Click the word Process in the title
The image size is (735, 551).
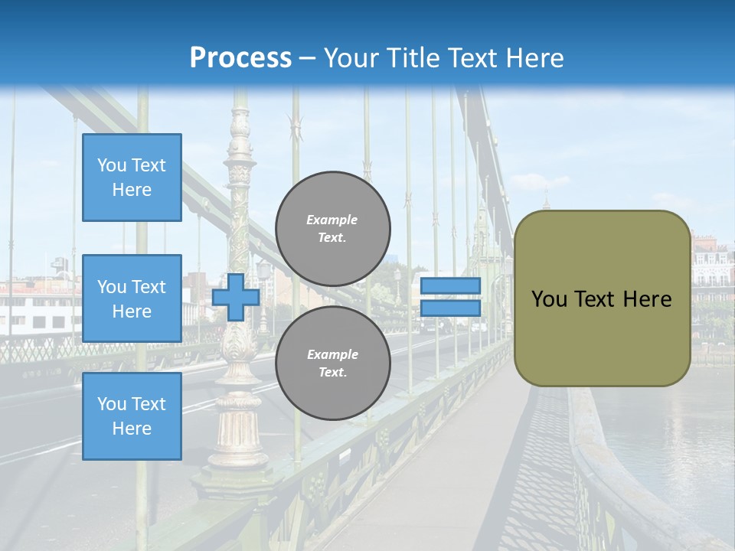240,58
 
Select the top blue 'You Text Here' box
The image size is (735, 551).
132,178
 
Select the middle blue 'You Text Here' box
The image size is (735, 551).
132,298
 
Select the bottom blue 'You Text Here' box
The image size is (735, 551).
132,416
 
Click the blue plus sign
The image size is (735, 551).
236,297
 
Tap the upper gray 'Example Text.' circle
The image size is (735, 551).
333,229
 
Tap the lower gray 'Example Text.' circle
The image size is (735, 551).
333,364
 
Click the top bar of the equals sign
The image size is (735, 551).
450,286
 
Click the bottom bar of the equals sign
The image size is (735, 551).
450,308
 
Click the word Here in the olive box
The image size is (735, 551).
648,299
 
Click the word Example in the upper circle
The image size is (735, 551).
332,220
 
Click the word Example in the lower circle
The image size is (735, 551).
332,354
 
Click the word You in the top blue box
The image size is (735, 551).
111,165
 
